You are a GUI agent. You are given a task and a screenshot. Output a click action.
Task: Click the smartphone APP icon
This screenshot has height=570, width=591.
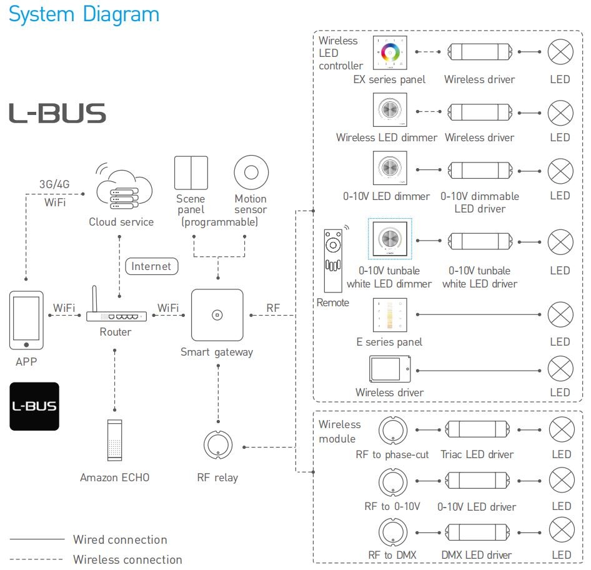pos(26,321)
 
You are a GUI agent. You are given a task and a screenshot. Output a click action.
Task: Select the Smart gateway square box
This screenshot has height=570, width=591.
pos(217,315)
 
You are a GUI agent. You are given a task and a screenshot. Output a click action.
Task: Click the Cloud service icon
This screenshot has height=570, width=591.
pos(124,189)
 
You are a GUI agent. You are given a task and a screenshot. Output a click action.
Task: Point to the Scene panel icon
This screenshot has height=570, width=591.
pos(191,172)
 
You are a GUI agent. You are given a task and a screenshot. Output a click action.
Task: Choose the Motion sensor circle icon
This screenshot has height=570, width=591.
pos(251,172)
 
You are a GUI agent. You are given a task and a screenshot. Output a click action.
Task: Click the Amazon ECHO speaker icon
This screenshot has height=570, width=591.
pos(114,441)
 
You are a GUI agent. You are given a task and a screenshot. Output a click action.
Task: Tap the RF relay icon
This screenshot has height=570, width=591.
pos(218,445)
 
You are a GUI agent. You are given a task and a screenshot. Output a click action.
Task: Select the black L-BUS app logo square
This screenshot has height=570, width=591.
pos(34,406)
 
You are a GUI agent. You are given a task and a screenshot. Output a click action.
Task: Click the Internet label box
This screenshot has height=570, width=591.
pos(152,266)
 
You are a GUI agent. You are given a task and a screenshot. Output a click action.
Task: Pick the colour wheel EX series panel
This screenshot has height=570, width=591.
pos(390,52)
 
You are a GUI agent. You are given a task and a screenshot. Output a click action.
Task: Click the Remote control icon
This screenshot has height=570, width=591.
pos(333,260)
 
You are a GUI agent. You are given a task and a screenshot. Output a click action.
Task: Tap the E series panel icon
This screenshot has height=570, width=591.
pos(390,315)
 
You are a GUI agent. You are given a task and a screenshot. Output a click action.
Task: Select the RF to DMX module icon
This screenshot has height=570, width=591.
pos(393,532)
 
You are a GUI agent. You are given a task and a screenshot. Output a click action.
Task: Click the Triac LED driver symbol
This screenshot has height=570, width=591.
pos(477,430)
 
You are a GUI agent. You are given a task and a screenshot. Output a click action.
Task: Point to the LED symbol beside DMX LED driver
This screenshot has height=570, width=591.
pos(562,530)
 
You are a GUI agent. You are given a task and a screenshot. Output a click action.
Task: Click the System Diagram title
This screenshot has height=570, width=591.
pos(84,15)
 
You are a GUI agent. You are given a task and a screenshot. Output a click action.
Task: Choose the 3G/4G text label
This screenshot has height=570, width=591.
pos(54,184)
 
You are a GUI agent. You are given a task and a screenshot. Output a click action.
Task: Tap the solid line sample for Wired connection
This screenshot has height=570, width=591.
pos(37,539)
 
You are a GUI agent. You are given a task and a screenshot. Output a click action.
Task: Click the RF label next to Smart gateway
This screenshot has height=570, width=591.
pos(273,308)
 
